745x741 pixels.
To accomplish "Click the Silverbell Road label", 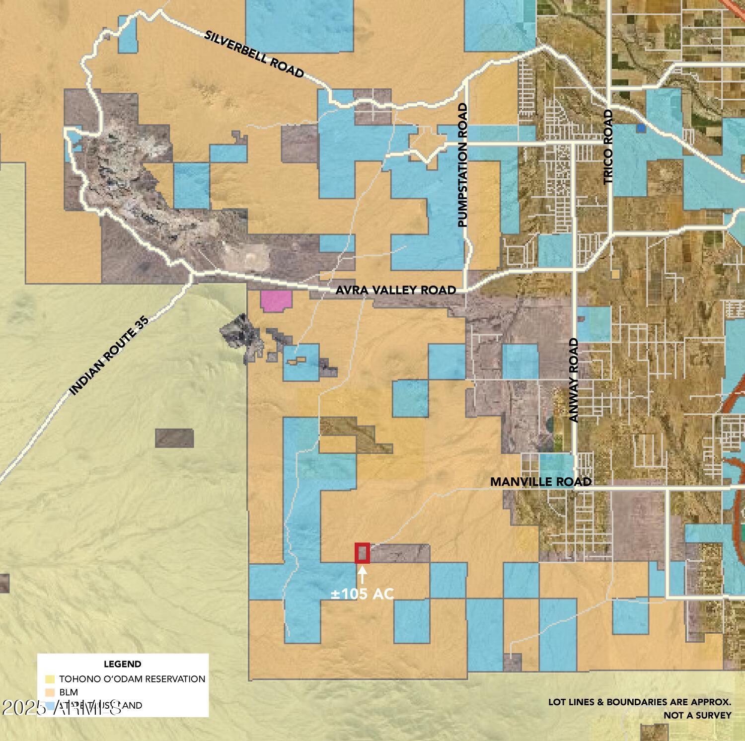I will [254, 54].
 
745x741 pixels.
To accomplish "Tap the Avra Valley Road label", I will [395, 290].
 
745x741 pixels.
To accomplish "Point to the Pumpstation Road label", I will [463, 165].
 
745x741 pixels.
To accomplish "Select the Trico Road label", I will [609, 147].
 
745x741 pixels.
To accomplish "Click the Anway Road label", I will [574, 380].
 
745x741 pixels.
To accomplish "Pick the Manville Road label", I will [540, 482].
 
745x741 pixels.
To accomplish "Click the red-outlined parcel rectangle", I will [362, 553].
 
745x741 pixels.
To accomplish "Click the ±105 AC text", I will [363, 593].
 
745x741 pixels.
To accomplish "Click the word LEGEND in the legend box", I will [122, 664].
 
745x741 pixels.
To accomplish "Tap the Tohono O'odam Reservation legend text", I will [132, 678].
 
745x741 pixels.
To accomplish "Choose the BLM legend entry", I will [69, 692].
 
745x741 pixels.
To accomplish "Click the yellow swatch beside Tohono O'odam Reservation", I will [50, 679].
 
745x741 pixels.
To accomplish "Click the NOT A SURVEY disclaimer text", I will [697, 715].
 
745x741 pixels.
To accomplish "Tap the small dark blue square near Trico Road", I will [641, 128].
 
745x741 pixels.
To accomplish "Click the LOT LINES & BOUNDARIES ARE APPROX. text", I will [640, 702].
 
